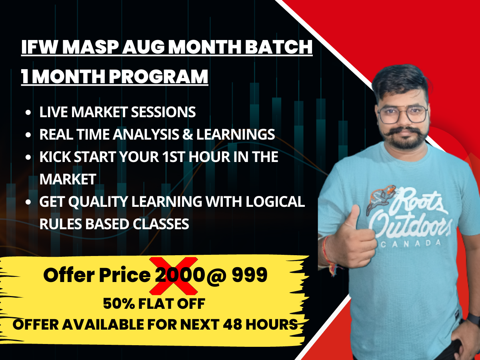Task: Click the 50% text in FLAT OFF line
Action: (x=116, y=304)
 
